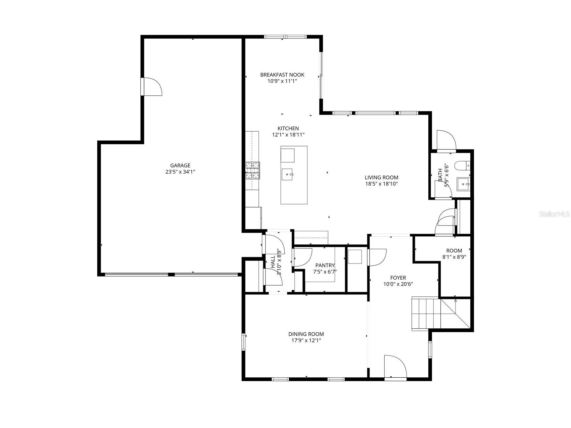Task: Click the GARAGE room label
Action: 180,165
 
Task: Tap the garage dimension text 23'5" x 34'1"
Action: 180,172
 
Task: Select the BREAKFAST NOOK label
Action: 282,75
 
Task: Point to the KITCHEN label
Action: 288,129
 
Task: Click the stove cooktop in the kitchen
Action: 253,170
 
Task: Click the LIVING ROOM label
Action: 381,178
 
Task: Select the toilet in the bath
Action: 462,165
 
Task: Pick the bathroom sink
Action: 464,184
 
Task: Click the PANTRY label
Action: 325,266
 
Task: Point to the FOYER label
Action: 398,278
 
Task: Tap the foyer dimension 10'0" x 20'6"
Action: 398,284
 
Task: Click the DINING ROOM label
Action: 306,334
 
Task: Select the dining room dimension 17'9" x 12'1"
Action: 306,340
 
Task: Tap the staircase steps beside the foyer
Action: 425,314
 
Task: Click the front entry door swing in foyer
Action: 395,367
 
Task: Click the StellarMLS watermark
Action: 554,214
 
